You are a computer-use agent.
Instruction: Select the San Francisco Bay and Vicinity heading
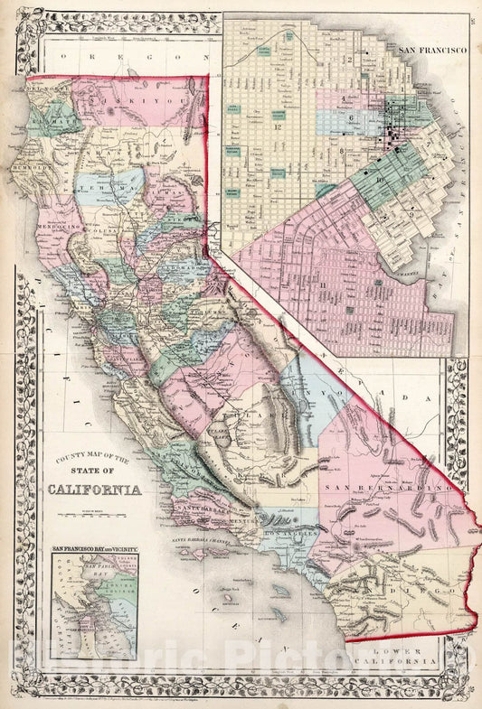94,548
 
